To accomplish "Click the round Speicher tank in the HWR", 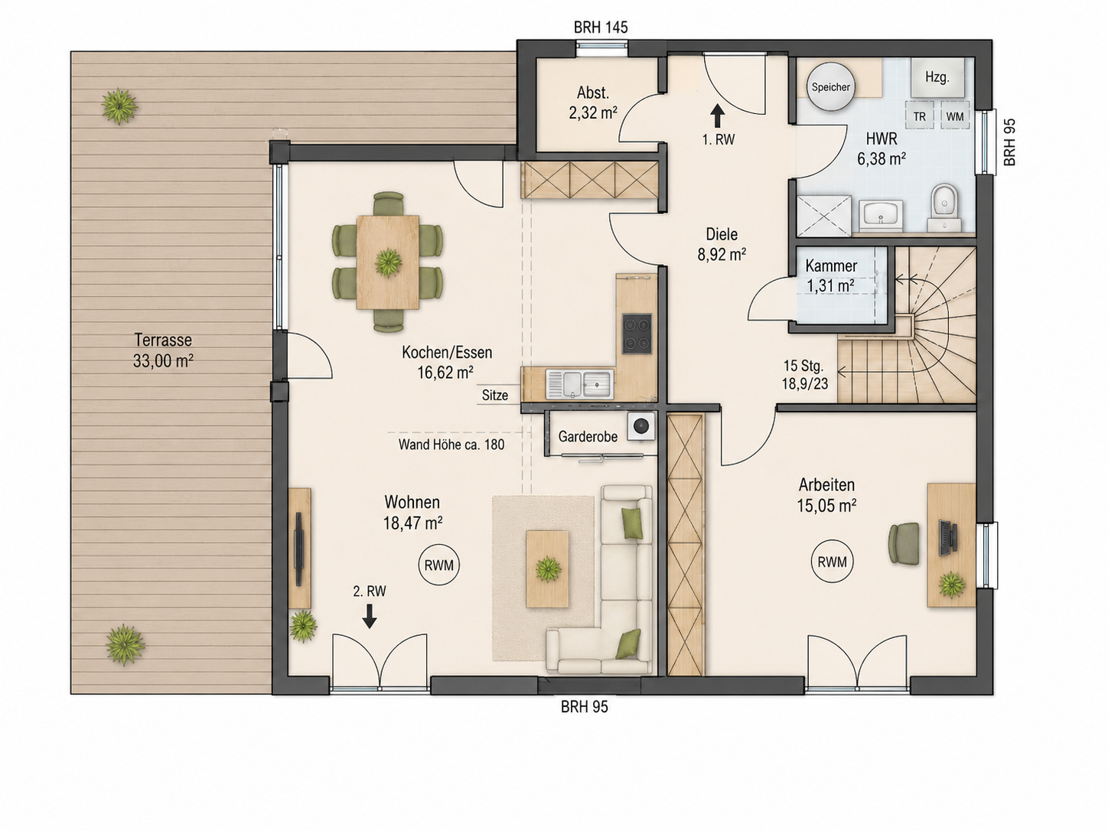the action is tap(830, 86).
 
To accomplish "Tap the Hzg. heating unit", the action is tap(937, 77).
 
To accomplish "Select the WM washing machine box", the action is tap(954, 116).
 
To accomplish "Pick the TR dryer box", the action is tap(919, 116).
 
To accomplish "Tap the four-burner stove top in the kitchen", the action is tap(637, 333).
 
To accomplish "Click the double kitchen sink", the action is tap(580, 384).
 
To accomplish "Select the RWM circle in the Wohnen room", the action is tap(439, 565).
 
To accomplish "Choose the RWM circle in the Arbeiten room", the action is tap(832, 562).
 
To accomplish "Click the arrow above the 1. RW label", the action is tap(717, 116).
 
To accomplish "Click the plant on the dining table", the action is tap(388, 263).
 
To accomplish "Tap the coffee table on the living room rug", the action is tap(547, 569).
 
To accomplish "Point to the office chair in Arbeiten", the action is tap(904, 543).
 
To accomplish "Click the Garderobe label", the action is tap(588, 436).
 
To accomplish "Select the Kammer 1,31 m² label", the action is tap(831, 276).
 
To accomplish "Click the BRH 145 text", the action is tap(601, 28).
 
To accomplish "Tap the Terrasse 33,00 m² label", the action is tap(163, 350).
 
